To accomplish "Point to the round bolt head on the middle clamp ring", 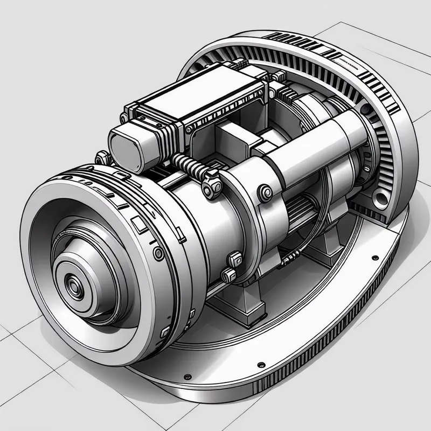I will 265,192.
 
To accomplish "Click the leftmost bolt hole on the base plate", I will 187,376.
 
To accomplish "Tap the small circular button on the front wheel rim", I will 158,253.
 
